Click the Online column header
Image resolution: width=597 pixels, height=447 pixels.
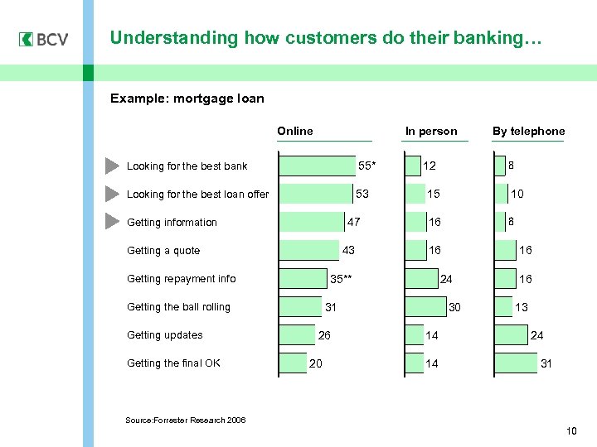(295, 131)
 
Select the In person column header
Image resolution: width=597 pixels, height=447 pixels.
(430, 131)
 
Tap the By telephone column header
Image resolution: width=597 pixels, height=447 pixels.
(528, 131)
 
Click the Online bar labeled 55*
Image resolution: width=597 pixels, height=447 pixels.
(318, 166)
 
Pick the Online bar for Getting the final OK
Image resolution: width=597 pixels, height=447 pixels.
(293, 363)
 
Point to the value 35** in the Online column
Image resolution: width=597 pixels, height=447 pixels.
(342, 279)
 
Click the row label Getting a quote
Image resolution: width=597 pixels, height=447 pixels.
(163, 251)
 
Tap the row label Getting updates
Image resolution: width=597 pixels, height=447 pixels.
(164, 335)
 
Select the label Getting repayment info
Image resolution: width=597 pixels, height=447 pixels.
(181, 279)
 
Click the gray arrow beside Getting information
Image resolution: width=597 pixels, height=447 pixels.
(113, 222)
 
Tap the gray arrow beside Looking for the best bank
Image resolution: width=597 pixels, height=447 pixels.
(113, 166)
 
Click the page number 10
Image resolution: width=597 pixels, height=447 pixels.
(570, 431)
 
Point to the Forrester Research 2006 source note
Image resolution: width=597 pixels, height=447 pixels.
(185, 421)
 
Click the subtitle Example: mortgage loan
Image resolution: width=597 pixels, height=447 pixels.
(187, 99)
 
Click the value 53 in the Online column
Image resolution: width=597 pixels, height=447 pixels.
(362, 195)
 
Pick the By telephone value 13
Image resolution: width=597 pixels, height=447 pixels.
(522, 307)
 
